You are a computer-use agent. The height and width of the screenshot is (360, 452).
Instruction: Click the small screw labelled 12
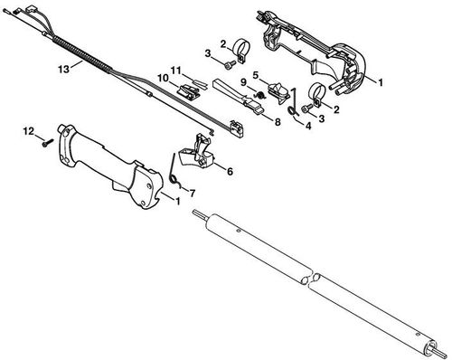(x=43, y=141)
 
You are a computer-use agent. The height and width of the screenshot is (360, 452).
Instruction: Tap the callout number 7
(x=190, y=193)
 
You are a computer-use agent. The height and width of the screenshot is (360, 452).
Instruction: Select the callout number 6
(x=229, y=169)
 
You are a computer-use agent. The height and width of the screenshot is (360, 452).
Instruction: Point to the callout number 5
(x=256, y=74)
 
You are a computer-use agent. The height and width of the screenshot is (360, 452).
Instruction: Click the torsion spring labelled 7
(x=175, y=175)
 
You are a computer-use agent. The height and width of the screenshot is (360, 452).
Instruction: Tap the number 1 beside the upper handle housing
(x=380, y=81)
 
